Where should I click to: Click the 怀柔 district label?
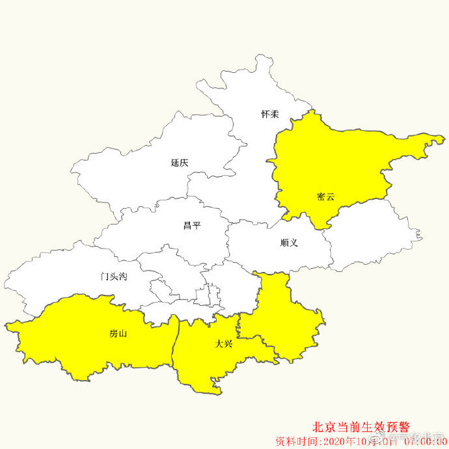pos(270,114)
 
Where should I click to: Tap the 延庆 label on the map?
pos(180,163)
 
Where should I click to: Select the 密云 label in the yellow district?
pos(325,196)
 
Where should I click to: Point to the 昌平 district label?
pos(192,226)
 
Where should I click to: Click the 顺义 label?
pos(289,243)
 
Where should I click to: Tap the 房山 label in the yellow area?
pos(118,334)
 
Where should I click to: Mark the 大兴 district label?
pos(224,344)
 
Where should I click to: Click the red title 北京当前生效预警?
pos(362,428)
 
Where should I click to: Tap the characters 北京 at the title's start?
pos(323,428)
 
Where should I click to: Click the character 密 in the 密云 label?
pos(321,196)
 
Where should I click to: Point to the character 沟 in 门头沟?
pos(123,277)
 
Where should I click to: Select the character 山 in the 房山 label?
pos(123,334)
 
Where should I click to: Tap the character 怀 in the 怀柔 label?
pos(265,114)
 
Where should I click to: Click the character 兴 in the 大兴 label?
pos(228,344)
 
